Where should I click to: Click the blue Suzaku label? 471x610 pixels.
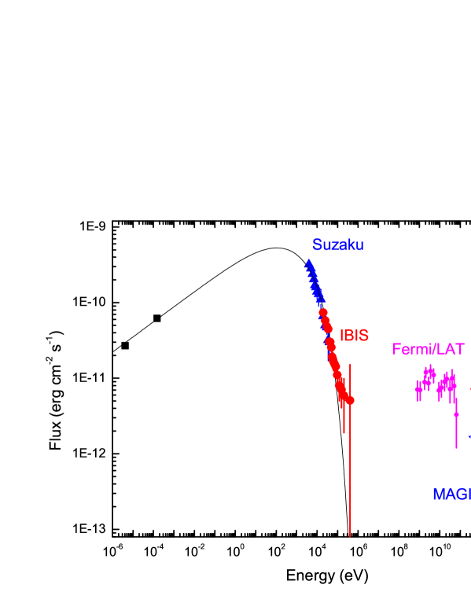337,244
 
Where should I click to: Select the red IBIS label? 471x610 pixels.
354,335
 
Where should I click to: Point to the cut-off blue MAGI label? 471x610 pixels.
451,494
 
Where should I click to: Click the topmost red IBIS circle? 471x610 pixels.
323,313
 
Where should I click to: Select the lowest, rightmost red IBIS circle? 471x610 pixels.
350,401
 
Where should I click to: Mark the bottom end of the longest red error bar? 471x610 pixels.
350,536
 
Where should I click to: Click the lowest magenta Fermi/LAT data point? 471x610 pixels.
456,413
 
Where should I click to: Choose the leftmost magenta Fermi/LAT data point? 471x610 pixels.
418,389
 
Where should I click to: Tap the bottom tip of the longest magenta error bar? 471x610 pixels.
456,448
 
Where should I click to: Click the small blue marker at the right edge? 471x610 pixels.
470,436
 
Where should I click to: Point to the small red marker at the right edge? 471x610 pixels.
470,389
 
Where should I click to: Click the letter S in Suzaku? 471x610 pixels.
317,244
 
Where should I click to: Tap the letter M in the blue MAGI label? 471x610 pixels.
439,494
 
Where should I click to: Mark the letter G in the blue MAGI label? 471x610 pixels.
464,494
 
